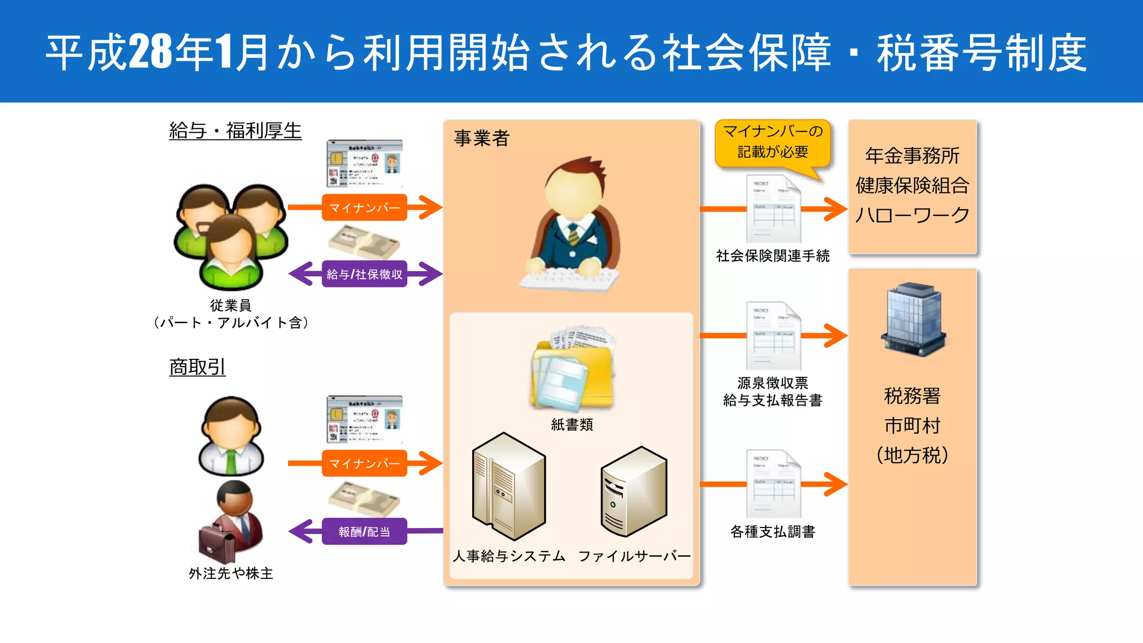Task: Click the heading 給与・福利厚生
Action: coord(235,131)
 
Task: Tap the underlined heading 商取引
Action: coord(197,367)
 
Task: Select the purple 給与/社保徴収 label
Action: coord(364,274)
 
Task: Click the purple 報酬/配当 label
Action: coord(364,531)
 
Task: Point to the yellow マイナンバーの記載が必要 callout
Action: coord(772,142)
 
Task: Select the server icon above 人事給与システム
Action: coord(508,486)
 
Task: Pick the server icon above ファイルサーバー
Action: coord(634,491)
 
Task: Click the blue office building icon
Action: coord(913,319)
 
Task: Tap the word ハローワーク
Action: coord(913,215)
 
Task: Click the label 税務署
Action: coord(913,396)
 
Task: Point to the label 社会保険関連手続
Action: coord(772,256)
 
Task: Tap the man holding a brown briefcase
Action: coord(231,521)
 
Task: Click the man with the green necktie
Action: coord(231,435)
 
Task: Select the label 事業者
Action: coord(482,138)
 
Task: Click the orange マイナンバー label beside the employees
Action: coord(364,208)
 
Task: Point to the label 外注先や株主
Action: coord(231,573)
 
